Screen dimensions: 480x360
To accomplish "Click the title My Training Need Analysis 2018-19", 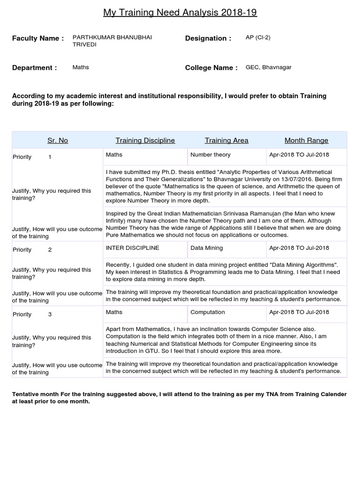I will [x=180, y=13].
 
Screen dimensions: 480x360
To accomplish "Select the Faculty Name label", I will [x=38, y=38].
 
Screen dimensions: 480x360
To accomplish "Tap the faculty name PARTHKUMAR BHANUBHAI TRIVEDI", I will [x=112, y=41].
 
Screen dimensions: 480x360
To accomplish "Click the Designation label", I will [x=208, y=38].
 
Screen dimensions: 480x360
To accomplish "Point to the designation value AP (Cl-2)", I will [x=258, y=37].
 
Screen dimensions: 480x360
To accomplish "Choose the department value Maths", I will [x=81, y=67].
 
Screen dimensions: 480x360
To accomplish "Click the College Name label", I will [x=211, y=67].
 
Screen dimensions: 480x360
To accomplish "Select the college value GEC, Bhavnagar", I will [x=269, y=67].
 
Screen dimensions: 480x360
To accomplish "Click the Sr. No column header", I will [x=58, y=140].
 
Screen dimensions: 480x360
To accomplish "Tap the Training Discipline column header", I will [x=145, y=140].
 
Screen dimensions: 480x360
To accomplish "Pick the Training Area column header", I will [x=226, y=140].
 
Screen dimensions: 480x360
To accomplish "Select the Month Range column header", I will [x=307, y=140].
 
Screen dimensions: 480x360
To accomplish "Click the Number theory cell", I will [x=210, y=155].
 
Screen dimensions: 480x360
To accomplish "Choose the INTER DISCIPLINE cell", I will [x=133, y=248].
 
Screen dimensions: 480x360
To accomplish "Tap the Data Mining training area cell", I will [x=207, y=248].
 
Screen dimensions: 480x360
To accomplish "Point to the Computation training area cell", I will [x=208, y=312].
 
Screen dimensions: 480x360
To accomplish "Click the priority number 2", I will [x=50, y=250].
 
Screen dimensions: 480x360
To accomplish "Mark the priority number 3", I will [x=50, y=315].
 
